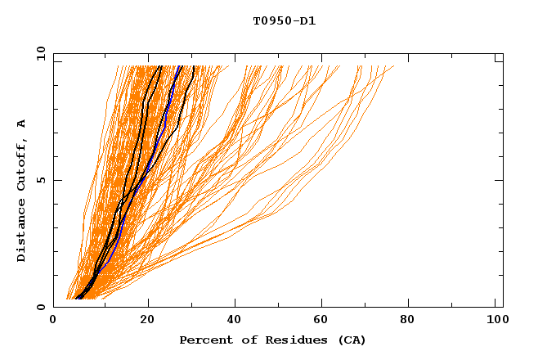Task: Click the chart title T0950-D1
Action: tap(285, 21)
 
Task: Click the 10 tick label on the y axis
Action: tap(40, 53)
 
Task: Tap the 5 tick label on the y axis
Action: tap(43, 180)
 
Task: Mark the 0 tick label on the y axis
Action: tap(43, 307)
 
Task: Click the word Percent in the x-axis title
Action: tap(204, 340)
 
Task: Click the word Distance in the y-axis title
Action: tap(22, 232)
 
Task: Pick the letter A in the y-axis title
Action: tap(22, 123)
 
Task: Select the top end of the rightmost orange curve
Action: tap(393, 66)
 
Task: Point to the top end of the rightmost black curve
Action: tap(193, 66)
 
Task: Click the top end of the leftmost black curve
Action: tap(161, 66)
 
